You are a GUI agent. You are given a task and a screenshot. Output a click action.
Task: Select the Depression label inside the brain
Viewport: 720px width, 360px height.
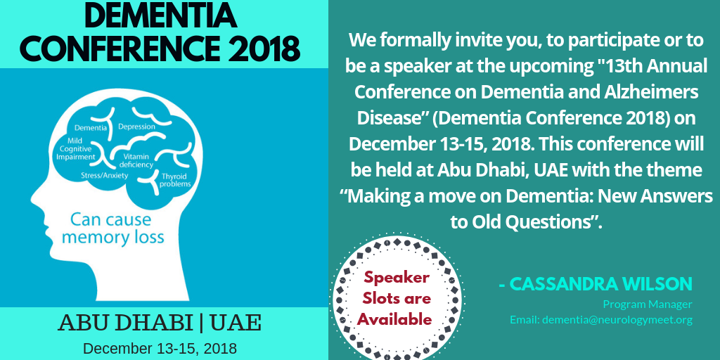[137, 127]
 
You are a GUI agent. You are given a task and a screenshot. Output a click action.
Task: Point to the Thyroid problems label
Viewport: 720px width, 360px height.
[175, 180]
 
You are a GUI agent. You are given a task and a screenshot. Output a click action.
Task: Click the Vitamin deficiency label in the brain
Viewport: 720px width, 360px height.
[136, 161]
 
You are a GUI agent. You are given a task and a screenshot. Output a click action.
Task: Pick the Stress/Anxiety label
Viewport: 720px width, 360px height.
[105, 175]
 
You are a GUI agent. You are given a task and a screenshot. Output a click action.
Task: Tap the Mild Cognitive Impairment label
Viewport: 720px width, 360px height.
[76, 149]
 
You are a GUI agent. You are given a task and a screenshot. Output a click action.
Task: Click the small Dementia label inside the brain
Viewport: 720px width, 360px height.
[91, 128]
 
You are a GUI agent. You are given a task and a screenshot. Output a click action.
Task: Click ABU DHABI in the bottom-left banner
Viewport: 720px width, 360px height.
[125, 323]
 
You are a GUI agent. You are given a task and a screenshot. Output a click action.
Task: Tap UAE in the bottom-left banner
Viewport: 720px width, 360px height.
[236, 323]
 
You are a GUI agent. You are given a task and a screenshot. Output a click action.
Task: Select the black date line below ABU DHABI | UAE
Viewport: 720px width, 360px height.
[160, 348]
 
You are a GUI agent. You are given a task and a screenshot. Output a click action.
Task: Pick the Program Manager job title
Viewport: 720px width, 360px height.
[648, 304]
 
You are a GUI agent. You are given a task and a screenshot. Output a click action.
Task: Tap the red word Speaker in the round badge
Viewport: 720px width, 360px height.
[397, 278]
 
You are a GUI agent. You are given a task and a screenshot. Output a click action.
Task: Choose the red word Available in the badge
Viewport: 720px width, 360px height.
[394, 319]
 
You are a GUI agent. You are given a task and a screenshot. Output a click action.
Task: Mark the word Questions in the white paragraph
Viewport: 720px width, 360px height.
[553, 222]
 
